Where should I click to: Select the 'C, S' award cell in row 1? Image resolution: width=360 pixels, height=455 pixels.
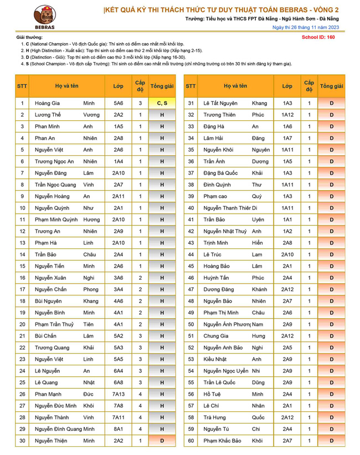pyautogui.click(x=162, y=103)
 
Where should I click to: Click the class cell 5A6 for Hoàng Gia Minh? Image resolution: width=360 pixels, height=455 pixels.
pyautogui.click(x=119, y=103)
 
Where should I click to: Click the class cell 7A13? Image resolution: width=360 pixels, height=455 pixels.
pyautogui.click(x=119, y=394)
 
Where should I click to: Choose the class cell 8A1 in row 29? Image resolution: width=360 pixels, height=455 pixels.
pyautogui.click(x=119, y=429)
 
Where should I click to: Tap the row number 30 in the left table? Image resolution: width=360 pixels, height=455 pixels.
pyautogui.click(x=22, y=441)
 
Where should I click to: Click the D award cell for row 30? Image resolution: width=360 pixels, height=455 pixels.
pyautogui.click(x=162, y=441)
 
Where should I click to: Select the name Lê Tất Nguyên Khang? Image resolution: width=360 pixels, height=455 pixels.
pyautogui.click(x=235, y=103)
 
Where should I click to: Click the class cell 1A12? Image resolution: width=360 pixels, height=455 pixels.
pyautogui.click(x=287, y=115)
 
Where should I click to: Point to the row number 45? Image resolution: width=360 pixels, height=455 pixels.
pyautogui.click(x=191, y=266)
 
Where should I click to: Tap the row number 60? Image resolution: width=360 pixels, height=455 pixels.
pyautogui.click(x=191, y=441)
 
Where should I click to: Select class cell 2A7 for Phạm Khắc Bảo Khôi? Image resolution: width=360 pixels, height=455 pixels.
pyautogui.click(x=287, y=441)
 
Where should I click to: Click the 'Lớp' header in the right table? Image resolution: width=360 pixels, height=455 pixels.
pyautogui.click(x=287, y=86)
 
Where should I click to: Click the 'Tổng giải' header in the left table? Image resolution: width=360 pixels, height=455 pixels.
pyautogui.click(x=162, y=86)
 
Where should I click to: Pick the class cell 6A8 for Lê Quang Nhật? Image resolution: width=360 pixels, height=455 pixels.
pyautogui.click(x=119, y=382)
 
